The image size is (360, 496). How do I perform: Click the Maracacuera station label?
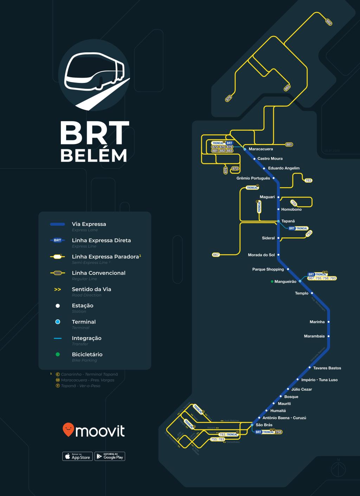(261, 149)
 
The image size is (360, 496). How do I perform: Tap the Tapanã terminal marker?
(278, 221)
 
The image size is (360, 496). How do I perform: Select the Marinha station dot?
(329, 322)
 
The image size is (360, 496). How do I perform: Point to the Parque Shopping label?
(268, 269)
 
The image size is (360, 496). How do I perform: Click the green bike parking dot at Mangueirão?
(272, 281)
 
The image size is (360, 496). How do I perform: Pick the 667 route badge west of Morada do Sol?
(216, 255)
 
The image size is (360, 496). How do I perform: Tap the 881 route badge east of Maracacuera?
(289, 144)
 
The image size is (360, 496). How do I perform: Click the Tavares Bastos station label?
(327, 368)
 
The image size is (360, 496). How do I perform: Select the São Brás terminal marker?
(252, 425)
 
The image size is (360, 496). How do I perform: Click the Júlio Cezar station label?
(302, 389)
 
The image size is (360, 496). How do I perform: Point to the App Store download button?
(77, 456)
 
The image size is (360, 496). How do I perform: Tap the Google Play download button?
(110, 456)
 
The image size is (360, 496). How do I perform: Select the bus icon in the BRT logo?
(94, 72)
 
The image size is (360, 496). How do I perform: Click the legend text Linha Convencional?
(98, 273)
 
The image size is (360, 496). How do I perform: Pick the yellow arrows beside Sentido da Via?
(58, 289)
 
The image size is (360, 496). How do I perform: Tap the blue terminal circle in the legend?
(58, 322)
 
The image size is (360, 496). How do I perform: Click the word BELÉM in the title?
(94, 156)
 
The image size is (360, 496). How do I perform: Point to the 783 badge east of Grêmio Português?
(308, 181)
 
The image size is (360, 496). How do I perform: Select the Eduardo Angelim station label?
(284, 168)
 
